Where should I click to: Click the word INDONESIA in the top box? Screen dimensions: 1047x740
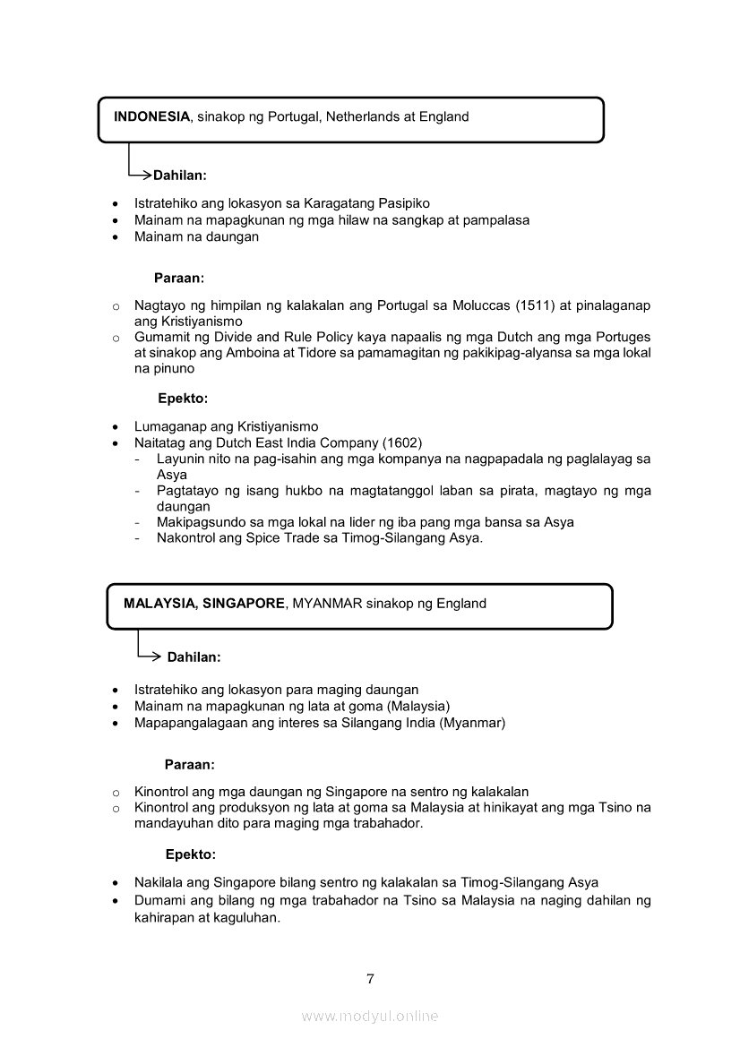click(x=151, y=116)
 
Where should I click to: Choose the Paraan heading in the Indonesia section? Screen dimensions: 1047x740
click(x=179, y=279)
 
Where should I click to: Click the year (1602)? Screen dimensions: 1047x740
click(x=402, y=442)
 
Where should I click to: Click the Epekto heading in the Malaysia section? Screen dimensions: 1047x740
click(x=191, y=854)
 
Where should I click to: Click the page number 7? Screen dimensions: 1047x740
click(x=370, y=978)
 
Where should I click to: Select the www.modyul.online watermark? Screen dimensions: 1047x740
click(x=370, y=1016)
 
